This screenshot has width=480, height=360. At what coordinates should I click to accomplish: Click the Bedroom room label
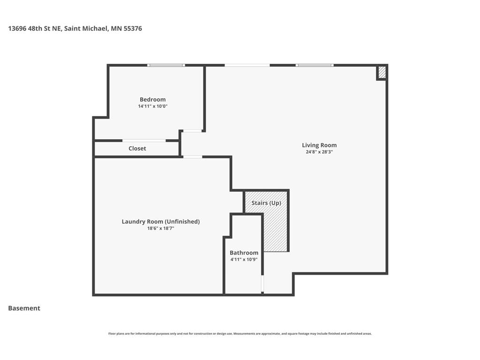(x=152, y=99)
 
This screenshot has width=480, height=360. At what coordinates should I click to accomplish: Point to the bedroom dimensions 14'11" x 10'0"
(x=152, y=106)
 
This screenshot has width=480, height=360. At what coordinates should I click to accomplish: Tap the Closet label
(x=137, y=149)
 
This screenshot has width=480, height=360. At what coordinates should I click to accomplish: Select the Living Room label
(x=319, y=145)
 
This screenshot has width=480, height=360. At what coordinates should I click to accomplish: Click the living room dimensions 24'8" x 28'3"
(x=319, y=152)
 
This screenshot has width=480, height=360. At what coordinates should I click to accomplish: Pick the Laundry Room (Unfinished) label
(x=161, y=222)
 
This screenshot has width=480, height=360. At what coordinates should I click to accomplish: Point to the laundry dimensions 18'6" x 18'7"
(x=161, y=228)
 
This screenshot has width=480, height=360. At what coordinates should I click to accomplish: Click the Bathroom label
(x=244, y=253)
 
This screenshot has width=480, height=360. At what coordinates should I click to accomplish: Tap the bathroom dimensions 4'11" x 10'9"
(x=244, y=260)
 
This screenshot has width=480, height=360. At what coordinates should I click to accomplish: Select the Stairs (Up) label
(x=266, y=203)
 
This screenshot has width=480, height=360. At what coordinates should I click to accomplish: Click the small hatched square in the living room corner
(x=382, y=73)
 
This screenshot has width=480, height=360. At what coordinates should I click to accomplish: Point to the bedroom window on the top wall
(x=166, y=65)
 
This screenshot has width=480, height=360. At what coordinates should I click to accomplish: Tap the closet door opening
(x=144, y=141)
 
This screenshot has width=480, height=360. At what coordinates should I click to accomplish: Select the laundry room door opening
(x=193, y=157)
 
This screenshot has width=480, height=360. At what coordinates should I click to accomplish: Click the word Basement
(x=24, y=308)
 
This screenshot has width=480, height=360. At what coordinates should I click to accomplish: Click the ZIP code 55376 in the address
(x=133, y=29)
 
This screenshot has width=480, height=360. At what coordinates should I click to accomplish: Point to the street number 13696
(x=17, y=29)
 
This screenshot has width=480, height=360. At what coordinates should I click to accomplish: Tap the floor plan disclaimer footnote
(x=240, y=334)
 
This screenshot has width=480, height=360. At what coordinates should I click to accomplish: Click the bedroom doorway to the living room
(x=192, y=131)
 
